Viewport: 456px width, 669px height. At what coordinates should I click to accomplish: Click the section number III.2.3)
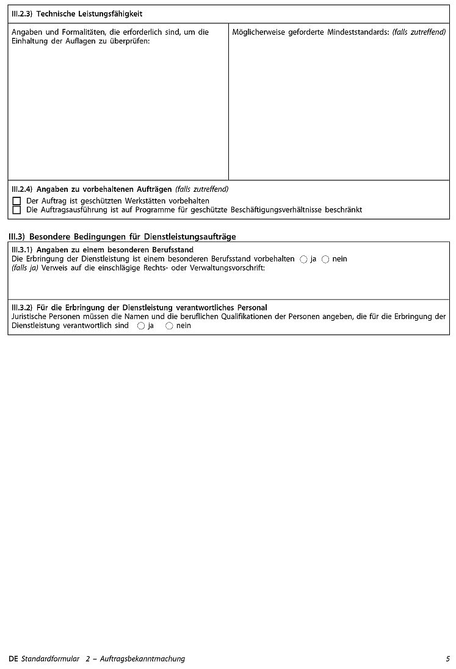coord(22,13)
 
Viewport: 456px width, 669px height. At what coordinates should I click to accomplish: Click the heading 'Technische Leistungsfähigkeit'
coord(90,13)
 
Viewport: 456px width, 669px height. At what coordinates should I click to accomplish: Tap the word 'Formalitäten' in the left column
coord(82,32)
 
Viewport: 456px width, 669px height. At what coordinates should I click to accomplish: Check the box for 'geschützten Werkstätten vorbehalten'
coord(16,201)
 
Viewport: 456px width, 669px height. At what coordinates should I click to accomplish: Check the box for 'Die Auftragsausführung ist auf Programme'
coord(16,210)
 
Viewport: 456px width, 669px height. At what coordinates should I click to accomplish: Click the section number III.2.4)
coord(22,189)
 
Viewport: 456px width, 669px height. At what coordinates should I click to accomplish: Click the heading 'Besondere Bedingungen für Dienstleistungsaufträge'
coord(132,236)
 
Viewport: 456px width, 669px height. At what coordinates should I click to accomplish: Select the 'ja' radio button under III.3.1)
coord(303,259)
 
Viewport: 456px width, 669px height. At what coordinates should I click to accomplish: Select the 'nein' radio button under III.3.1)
coord(325,259)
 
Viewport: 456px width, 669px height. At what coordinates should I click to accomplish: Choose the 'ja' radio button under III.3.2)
coord(141,326)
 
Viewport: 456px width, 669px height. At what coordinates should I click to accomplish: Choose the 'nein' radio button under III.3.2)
coord(169,326)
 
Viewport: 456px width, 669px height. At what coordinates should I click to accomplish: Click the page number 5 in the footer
coord(447,659)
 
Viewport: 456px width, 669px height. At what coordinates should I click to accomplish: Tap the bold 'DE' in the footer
coord(14,659)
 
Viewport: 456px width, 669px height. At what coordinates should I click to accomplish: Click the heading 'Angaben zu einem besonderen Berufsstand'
coord(115,250)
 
